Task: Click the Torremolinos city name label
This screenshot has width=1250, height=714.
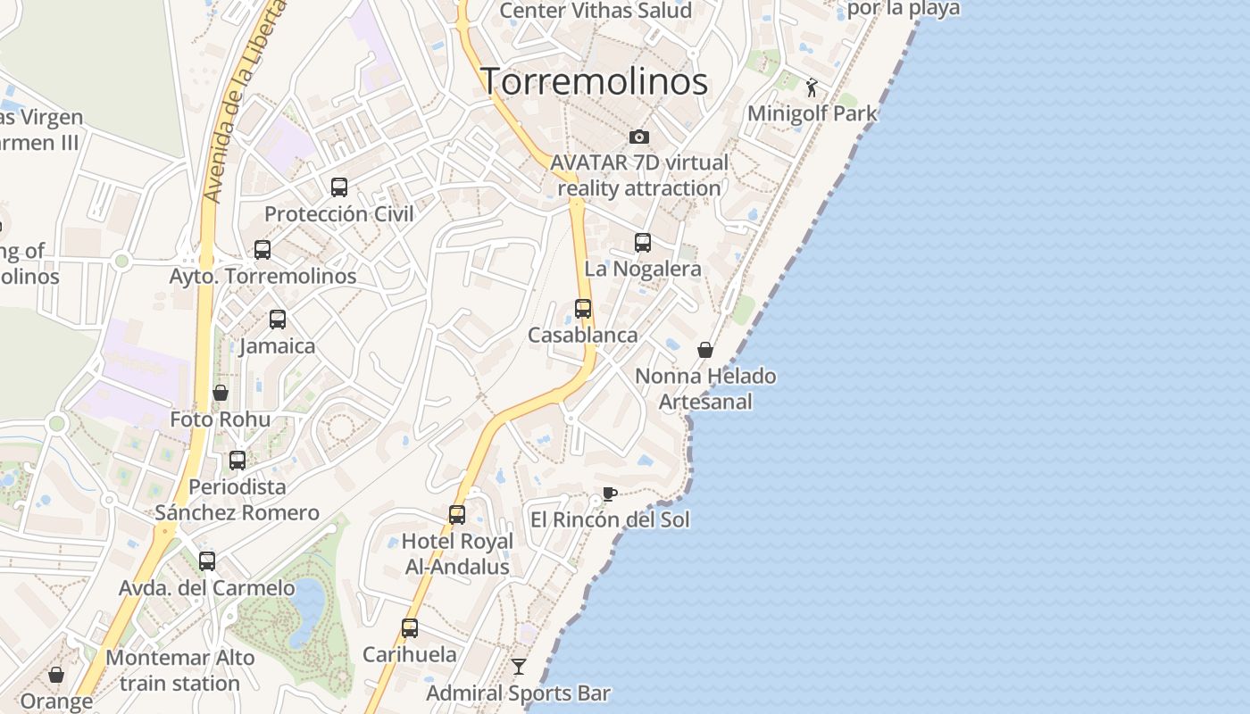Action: (x=595, y=81)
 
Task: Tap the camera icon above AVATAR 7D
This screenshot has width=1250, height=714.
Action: (x=638, y=137)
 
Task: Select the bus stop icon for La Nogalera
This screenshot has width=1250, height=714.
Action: (x=643, y=242)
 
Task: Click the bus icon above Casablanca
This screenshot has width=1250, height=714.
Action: (x=583, y=309)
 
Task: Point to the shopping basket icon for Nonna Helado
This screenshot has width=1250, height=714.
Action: (x=705, y=350)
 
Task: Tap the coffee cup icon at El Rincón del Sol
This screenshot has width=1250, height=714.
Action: (x=609, y=494)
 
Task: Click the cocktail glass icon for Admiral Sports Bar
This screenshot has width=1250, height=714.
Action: (x=518, y=666)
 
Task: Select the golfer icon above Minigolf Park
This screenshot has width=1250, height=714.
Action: (x=812, y=87)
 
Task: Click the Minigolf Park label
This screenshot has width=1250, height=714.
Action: (x=812, y=113)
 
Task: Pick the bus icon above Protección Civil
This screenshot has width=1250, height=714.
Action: (x=339, y=187)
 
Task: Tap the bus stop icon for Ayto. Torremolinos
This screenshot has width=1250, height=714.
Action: (x=262, y=250)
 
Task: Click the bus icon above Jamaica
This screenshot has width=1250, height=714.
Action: (x=278, y=320)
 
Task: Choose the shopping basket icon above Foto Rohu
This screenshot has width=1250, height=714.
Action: (x=221, y=393)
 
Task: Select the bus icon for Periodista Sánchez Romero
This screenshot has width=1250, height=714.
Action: (x=237, y=461)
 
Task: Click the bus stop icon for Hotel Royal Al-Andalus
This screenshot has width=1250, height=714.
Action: (x=457, y=515)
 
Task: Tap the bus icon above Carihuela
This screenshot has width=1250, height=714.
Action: (x=410, y=627)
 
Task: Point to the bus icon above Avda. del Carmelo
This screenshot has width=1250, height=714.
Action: (x=207, y=561)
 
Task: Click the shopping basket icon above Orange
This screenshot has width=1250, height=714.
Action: (x=56, y=675)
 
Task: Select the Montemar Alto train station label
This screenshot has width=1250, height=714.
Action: (x=179, y=670)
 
